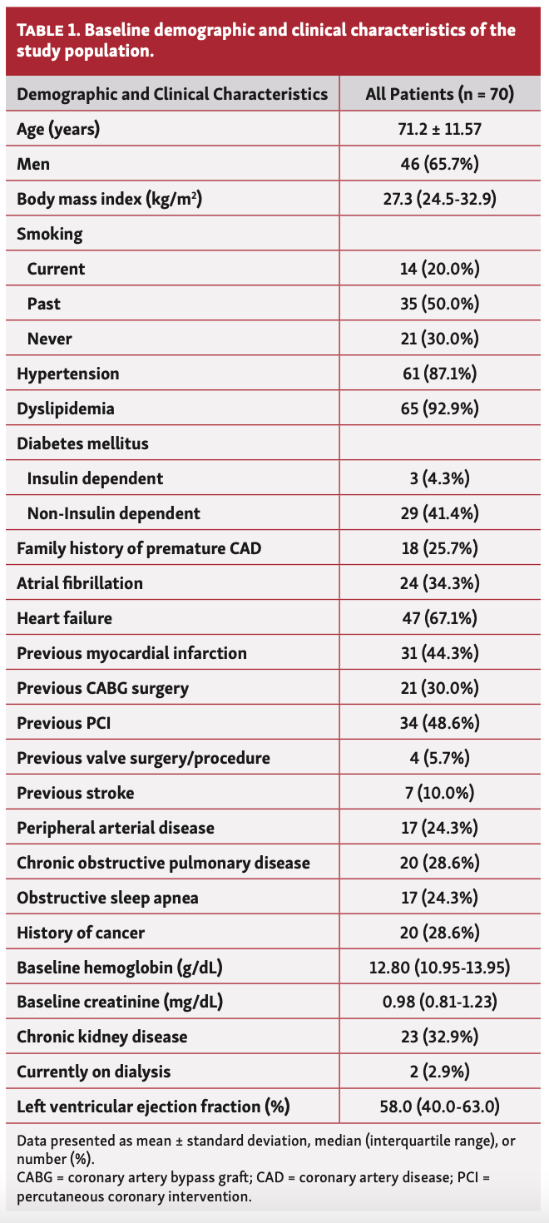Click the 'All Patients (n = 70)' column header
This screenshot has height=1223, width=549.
point(440,94)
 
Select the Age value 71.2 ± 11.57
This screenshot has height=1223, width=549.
point(440,129)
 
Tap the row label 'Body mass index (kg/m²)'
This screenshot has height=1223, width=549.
point(110,199)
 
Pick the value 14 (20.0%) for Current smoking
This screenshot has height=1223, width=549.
point(440,269)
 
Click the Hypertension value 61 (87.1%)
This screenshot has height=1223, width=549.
point(440,374)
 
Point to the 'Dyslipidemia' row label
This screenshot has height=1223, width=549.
point(66,408)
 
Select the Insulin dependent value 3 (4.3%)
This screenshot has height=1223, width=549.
point(440,478)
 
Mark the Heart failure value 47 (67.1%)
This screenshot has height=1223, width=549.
point(440,618)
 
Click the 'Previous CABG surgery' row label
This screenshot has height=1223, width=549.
point(102,688)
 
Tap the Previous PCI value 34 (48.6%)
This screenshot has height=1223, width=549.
point(440,723)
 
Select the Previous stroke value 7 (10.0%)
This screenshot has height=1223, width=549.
point(440,793)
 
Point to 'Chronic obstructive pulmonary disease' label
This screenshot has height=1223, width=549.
point(163,863)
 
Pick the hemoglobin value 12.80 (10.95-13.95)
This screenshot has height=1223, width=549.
point(440,968)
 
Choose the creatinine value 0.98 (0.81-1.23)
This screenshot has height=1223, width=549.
point(440,1003)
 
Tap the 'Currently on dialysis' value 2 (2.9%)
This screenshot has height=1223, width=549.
point(440,1072)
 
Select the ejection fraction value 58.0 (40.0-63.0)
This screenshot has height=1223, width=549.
point(440,1107)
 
